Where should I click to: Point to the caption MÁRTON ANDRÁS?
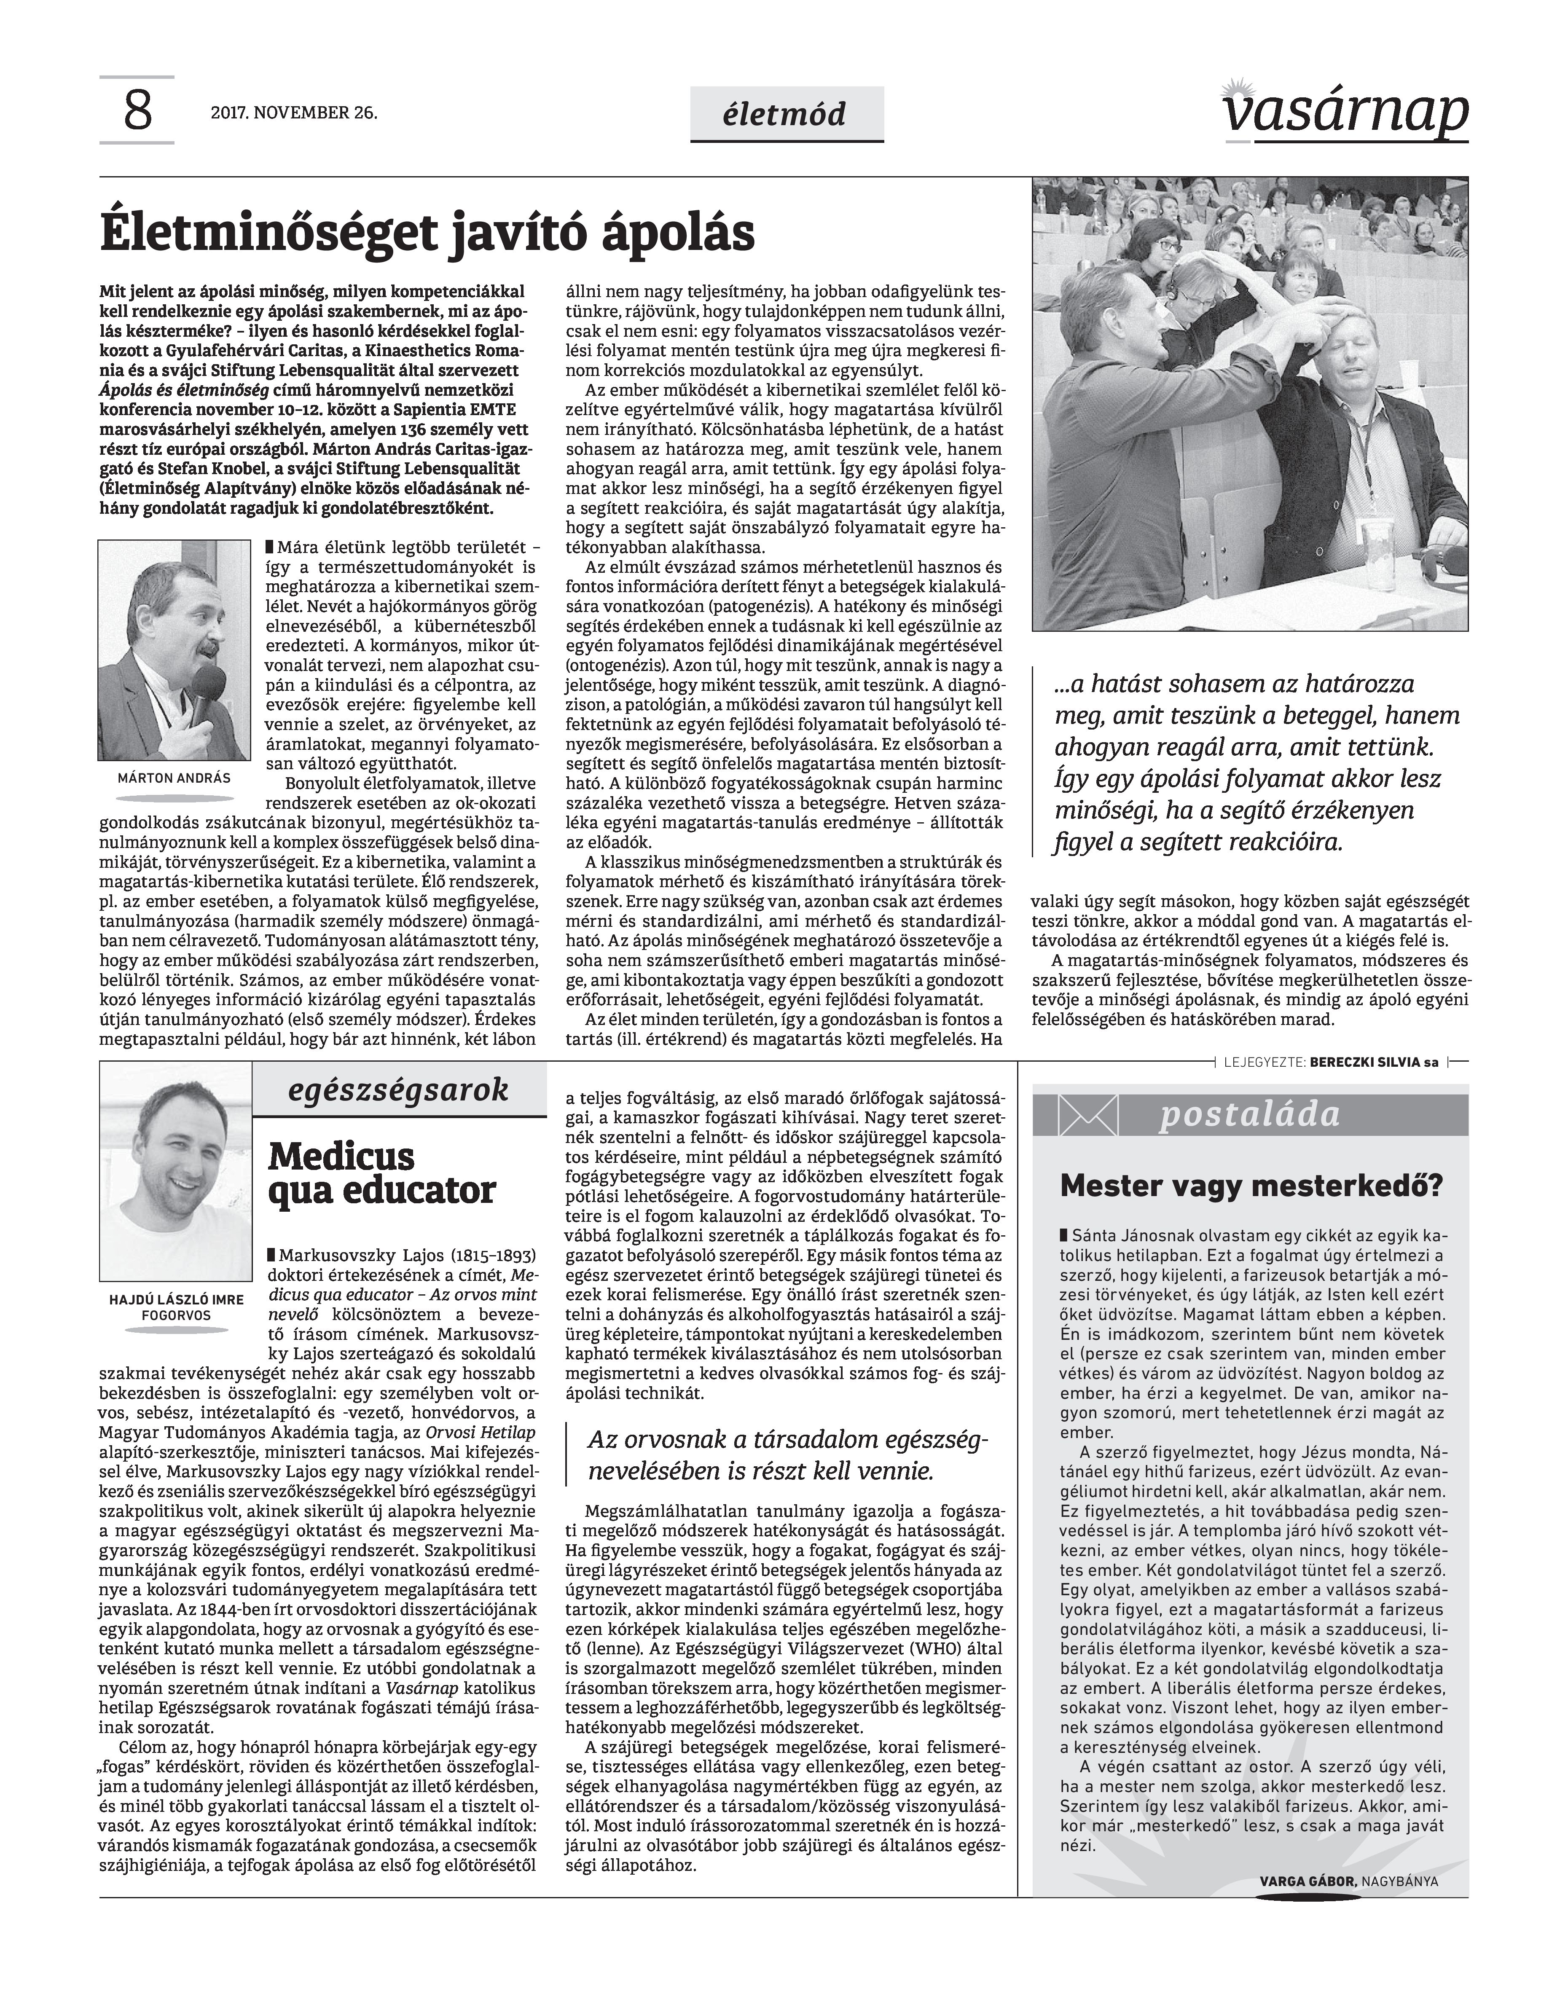pyautogui.click(x=175, y=778)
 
